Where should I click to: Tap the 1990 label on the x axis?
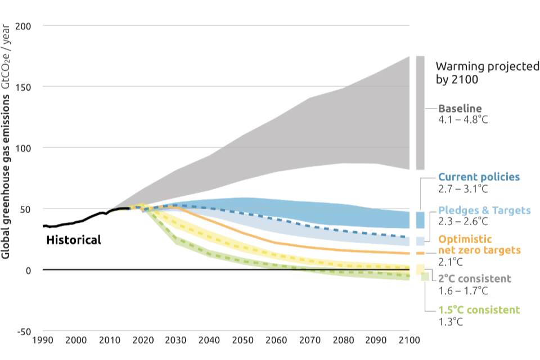[43, 340]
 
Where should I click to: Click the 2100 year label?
[408, 340]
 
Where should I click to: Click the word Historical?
[73, 240]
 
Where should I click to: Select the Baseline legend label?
[460, 109]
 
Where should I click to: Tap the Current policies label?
[479, 177]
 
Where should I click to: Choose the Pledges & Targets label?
[484, 210]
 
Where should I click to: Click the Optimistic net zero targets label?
[479, 244]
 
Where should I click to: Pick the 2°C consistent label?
[475, 278]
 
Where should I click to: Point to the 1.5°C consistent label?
[479, 310]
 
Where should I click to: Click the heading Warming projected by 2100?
[487, 73]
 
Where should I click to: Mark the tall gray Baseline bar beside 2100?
[420, 112]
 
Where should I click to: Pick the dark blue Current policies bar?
[420, 219]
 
